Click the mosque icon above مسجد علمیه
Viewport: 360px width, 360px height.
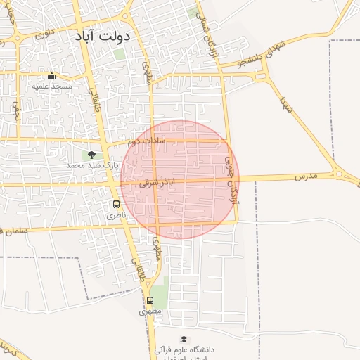point(51,75)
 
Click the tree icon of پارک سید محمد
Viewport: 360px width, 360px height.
point(91,155)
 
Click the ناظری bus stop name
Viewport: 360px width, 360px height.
point(114,215)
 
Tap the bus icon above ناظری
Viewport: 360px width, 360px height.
point(116,204)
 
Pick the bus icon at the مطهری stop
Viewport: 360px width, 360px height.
point(150,300)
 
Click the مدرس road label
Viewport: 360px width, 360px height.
point(306,174)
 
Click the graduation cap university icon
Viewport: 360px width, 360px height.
point(184,339)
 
